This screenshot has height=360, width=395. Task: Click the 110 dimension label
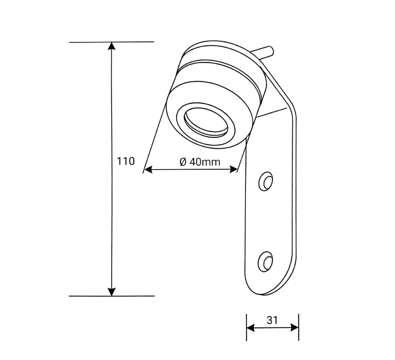pyautogui.click(x=126, y=161)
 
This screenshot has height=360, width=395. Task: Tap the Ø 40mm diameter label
pyautogui.click(x=200, y=162)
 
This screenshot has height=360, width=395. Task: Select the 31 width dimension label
pyautogui.click(x=272, y=320)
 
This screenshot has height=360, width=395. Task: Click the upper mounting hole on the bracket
pyautogui.click(x=266, y=181)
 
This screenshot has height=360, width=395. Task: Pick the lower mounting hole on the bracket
pyautogui.click(x=265, y=261)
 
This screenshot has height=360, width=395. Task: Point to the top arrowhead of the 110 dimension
pyautogui.click(x=111, y=46)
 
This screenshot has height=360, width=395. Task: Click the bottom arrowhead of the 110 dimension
pyautogui.click(x=111, y=292)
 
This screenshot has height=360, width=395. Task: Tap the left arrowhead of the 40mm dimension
pyautogui.click(x=147, y=170)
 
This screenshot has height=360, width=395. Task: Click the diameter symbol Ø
pyautogui.click(x=182, y=162)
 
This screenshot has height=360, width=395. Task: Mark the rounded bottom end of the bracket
pyautogui.click(x=268, y=289)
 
